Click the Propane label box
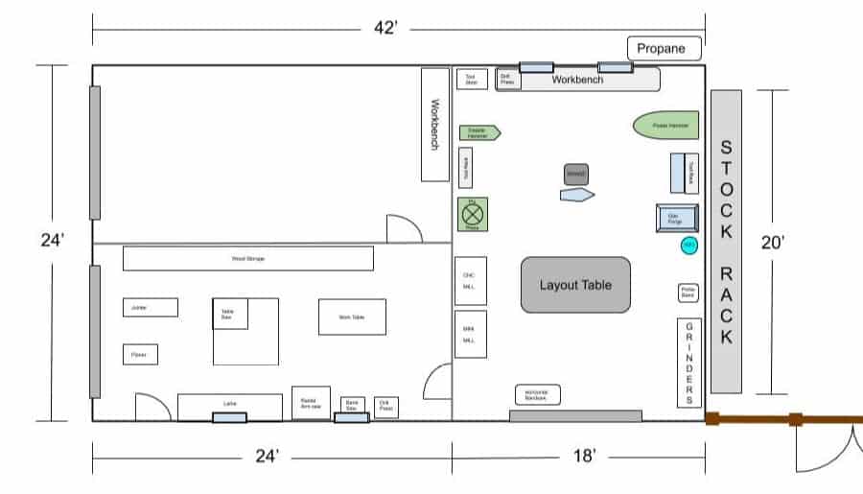[x=665, y=48]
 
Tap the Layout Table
[x=575, y=285]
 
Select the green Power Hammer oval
[x=665, y=126]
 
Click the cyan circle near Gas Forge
[x=688, y=247]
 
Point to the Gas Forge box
[x=675, y=219]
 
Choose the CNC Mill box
[x=470, y=280]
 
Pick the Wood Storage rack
[x=247, y=259]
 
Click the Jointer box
[x=150, y=307]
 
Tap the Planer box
[x=140, y=355]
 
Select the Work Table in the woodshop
[x=352, y=317]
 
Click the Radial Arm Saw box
[x=311, y=403]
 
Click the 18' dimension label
[x=585, y=457]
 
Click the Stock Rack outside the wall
[x=726, y=242]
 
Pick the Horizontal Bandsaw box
[x=537, y=394]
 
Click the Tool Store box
[x=471, y=80]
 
